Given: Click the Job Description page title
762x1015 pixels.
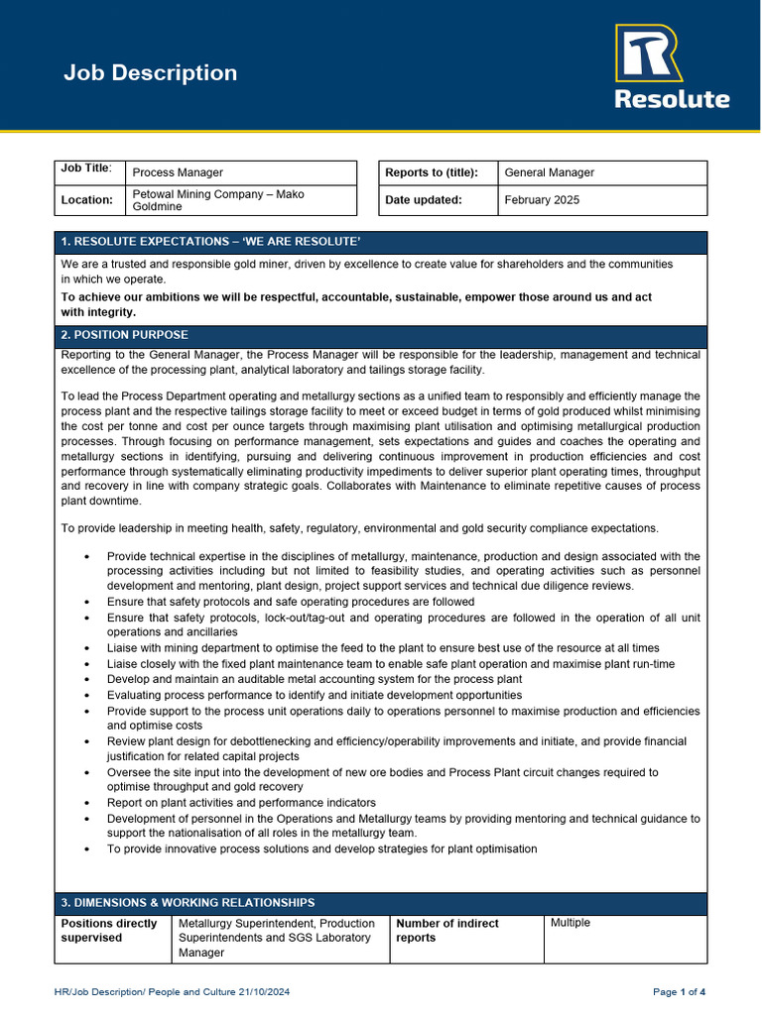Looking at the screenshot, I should click(x=150, y=73).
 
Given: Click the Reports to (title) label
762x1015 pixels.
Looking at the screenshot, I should click(x=432, y=172).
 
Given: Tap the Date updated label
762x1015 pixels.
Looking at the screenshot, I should click(x=424, y=200).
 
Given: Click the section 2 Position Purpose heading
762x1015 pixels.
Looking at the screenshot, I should click(x=125, y=335).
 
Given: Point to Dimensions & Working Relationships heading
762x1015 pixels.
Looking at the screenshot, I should click(x=189, y=903).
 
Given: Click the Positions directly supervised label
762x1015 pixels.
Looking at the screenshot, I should click(x=109, y=930).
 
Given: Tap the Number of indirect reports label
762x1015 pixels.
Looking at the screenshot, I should click(x=447, y=930).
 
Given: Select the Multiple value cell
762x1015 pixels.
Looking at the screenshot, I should click(x=571, y=923).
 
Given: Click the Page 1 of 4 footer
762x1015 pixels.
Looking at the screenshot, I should click(x=679, y=992).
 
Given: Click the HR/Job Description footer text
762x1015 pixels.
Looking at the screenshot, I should click(x=172, y=992).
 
